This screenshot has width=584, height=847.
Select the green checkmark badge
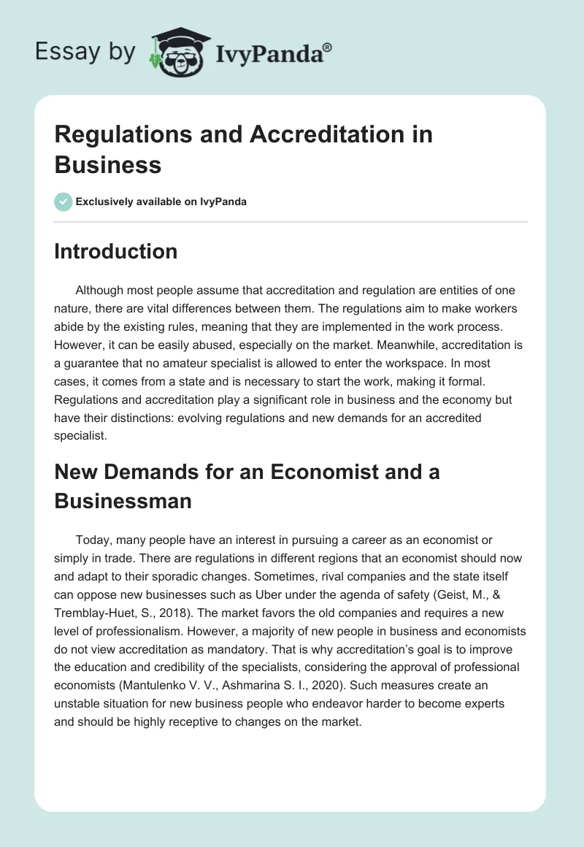point(64,202)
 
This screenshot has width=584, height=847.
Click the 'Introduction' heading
point(116,251)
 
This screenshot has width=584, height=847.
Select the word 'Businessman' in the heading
point(123,501)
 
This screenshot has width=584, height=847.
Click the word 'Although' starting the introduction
point(100,290)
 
